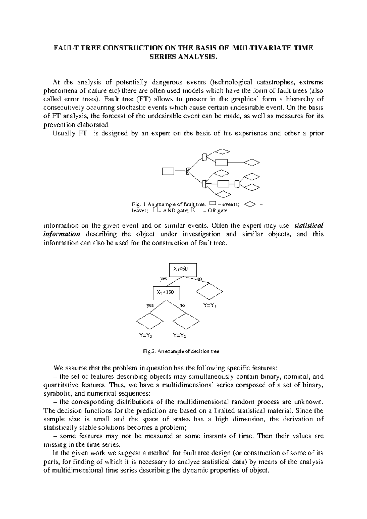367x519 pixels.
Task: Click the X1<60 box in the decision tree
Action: pyautogui.click(x=183, y=269)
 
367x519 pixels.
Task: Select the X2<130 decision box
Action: pyautogui.click(x=166, y=293)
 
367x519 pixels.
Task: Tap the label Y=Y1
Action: pyautogui.click(x=210, y=305)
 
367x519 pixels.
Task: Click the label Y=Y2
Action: pyautogui.click(x=180, y=335)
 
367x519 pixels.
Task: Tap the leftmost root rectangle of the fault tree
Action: pyautogui.click(x=168, y=171)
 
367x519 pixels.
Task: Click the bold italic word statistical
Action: pyautogui.click(x=308, y=226)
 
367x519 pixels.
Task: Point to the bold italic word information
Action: pyautogui.click(x=61, y=234)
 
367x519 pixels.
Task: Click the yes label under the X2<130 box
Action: pyautogui.click(x=150, y=305)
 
